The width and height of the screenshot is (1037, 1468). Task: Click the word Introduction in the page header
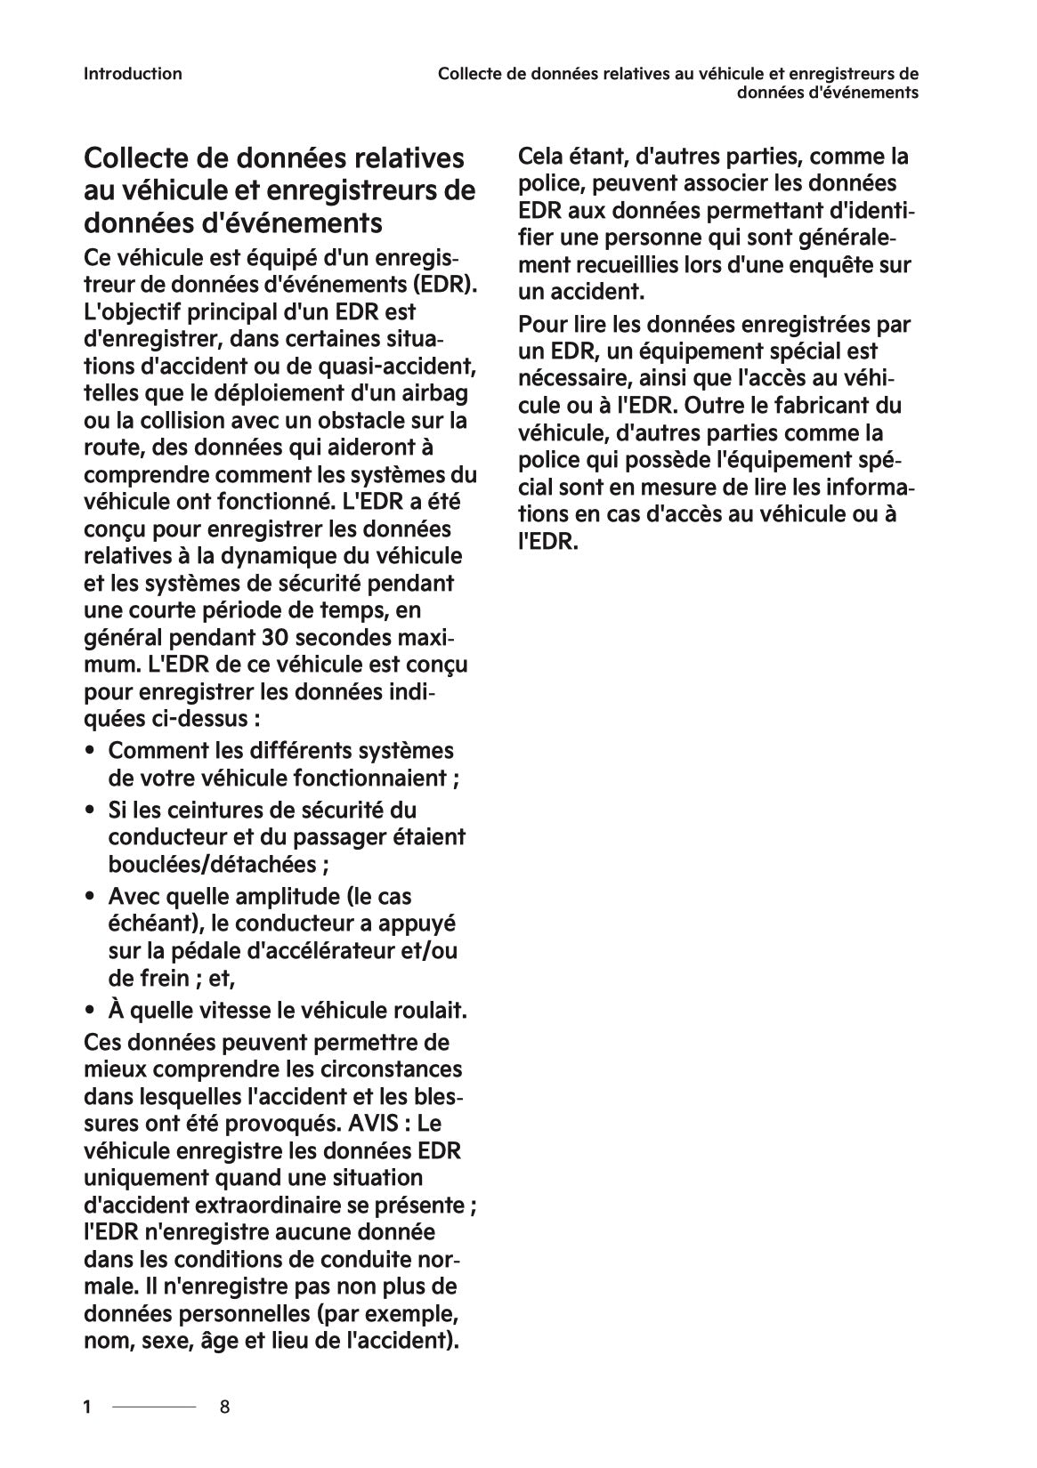pos(133,74)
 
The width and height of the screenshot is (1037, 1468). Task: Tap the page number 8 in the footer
pos(225,1407)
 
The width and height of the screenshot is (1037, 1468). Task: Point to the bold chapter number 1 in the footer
pos(87,1407)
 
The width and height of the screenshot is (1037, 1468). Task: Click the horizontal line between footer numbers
pos(154,1407)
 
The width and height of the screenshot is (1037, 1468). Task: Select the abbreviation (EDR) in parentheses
pos(445,285)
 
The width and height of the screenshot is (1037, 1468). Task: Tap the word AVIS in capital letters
pos(373,1124)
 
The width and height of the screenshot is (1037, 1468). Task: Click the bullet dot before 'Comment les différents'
pos(91,752)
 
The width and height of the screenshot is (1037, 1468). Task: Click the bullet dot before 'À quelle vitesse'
pos(91,1012)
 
